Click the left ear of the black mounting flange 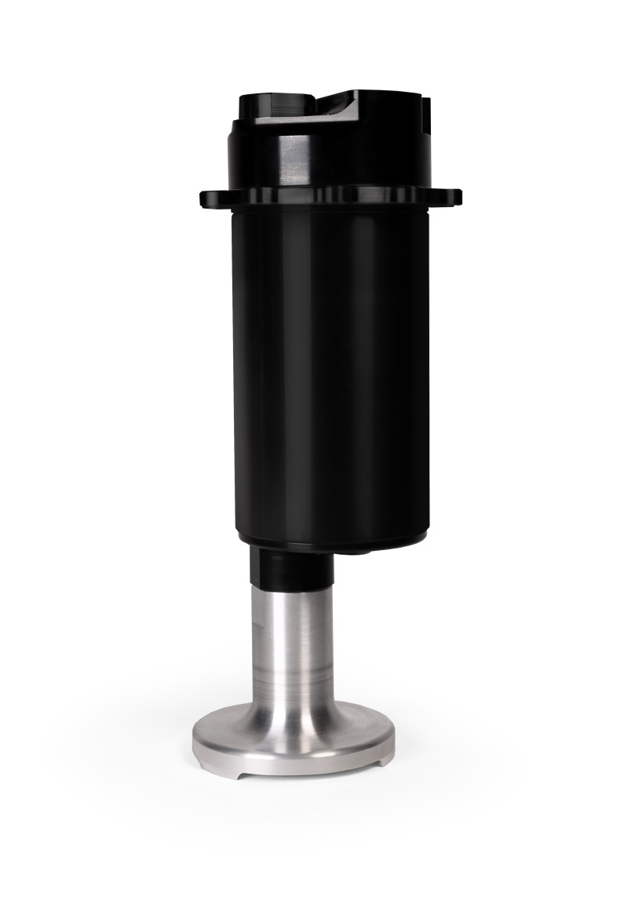210,196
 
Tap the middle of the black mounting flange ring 330,197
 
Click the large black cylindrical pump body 330,369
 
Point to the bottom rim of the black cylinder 330,544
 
